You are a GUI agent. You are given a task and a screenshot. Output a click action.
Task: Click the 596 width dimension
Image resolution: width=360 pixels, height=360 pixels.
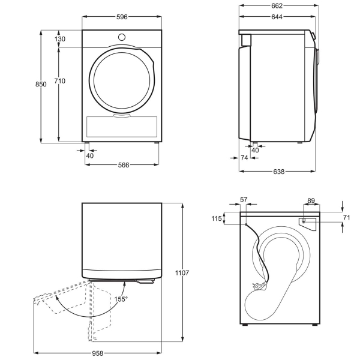coord(122,17)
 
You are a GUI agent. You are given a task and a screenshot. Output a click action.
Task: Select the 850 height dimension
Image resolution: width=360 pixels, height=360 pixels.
coord(40,85)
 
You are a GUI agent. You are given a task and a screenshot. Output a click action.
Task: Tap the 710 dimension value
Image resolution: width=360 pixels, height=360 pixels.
coord(59,80)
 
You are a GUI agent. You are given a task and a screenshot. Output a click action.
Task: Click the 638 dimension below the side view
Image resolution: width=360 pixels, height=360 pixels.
coord(278,172)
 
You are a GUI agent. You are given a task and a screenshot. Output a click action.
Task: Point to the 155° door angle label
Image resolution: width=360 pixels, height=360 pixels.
coord(121,298)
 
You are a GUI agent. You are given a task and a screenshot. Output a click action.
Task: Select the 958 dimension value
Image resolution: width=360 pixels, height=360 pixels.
coord(106,354)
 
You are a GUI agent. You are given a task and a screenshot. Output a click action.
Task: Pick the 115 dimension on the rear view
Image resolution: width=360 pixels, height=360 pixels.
coord(216,219)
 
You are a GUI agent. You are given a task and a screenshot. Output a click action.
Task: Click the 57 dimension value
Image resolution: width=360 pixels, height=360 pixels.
coord(243,199)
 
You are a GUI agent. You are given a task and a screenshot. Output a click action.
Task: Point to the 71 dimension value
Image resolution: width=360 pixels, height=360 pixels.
coord(346,217)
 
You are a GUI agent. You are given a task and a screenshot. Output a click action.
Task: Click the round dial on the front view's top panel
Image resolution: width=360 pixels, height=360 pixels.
coord(122,37)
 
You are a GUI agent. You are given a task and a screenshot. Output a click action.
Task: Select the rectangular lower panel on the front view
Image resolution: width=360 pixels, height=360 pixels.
coord(122,125)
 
